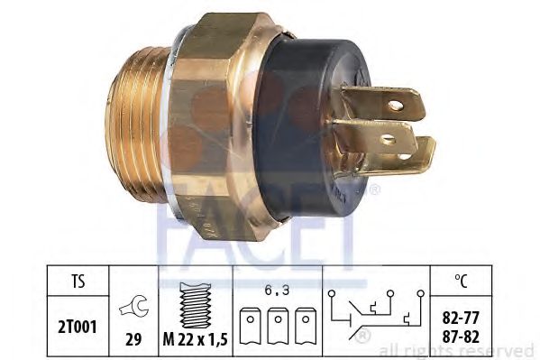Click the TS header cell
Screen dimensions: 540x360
click(x=78, y=281)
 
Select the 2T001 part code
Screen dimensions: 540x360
click(x=78, y=327)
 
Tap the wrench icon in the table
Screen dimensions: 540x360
click(x=134, y=306)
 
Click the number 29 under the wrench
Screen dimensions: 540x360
click(x=133, y=340)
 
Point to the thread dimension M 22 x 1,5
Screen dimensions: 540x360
click(x=196, y=340)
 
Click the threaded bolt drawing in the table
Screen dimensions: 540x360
click(x=196, y=306)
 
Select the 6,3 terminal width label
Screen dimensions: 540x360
click(x=278, y=291)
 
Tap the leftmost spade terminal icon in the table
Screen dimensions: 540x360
click(x=251, y=326)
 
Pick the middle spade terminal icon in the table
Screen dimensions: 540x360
click(x=278, y=326)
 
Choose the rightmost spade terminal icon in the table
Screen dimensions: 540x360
click(x=306, y=326)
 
